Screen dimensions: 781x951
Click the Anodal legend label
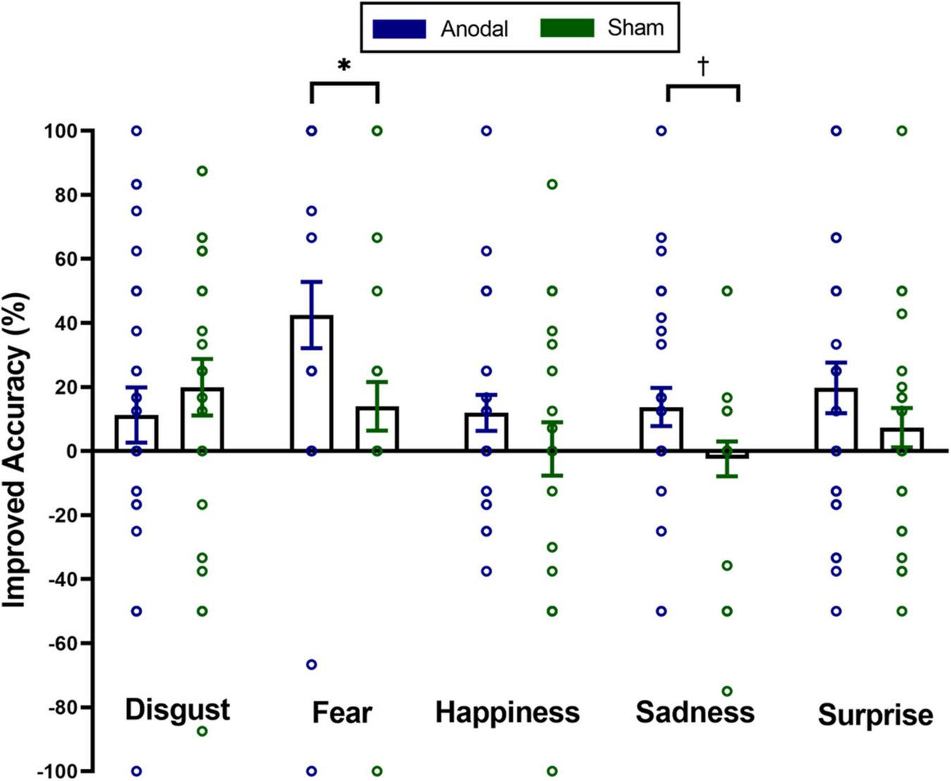pos(474,29)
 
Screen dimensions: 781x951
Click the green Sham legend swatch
pos(566,28)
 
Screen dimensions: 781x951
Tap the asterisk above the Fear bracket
pos(344,66)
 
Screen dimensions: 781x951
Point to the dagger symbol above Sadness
pos(703,66)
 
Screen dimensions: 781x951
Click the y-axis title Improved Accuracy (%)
pos(15,451)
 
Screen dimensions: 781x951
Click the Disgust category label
pos(178,709)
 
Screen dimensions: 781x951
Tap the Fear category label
pos(342,713)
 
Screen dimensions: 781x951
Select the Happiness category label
pos(507,712)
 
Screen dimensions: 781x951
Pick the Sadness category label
pos(695,712)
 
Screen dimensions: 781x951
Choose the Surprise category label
pos(875,716)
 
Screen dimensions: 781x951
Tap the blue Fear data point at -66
pos(311,664)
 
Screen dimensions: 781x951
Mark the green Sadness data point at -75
pos(727,691)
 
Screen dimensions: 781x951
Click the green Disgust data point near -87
pos(202,731)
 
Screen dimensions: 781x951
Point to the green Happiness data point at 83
pos(552,185)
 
